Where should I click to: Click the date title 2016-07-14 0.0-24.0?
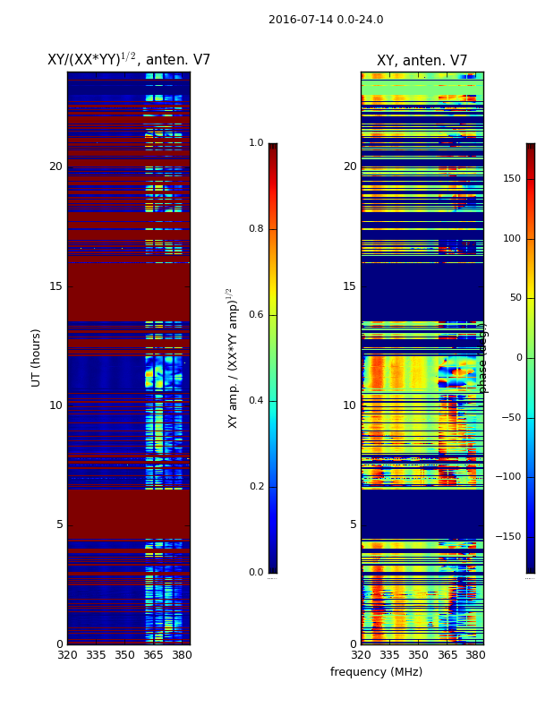[x=326, y=20]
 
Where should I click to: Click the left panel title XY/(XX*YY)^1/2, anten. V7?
[x=128, y=60]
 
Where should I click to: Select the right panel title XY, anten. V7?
[x=422, y=61]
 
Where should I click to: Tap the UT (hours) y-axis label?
[x=37, y=357]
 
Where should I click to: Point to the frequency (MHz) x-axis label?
[x=376, y=672]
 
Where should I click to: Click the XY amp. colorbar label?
[x=233, y=358]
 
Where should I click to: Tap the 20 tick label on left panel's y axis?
[x=55, y=166]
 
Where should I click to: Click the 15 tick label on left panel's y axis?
[x=55, y=286]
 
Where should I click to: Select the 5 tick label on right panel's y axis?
[x=353, y=524]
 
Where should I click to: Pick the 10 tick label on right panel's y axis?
[x=349, y=405]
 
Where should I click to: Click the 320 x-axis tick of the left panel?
[x=67, y=655]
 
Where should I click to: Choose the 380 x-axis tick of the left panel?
[x=182, y=655]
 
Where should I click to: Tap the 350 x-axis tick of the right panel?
[x=418, y=655]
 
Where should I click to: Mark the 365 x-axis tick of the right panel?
[x=447, y=655]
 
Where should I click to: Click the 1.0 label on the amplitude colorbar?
[x=256, y=143]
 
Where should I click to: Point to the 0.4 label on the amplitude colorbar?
[x=256, y=401]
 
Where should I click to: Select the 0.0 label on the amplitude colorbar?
[x=256, y=573]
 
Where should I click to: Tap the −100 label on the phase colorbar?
[x=509, y=477]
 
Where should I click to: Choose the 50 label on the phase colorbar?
[x=514, y=298]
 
